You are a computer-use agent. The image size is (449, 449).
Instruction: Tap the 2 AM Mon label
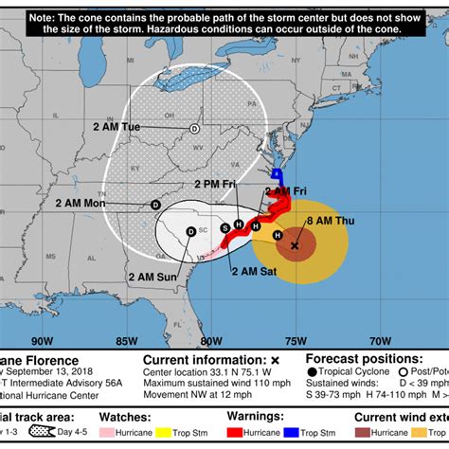click(81, 203)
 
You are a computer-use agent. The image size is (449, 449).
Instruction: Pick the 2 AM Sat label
click(254, 271)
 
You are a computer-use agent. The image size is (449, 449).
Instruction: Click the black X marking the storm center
click(294, 245)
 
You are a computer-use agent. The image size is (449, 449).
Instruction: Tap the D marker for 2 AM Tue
click(194, 128)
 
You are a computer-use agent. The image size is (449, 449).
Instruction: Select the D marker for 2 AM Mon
click(155, 204)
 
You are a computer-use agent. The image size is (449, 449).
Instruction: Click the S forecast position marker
click(224, 227)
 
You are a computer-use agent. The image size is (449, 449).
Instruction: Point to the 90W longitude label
click(41, 340)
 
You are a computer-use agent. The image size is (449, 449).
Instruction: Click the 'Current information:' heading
click(200, 360)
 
